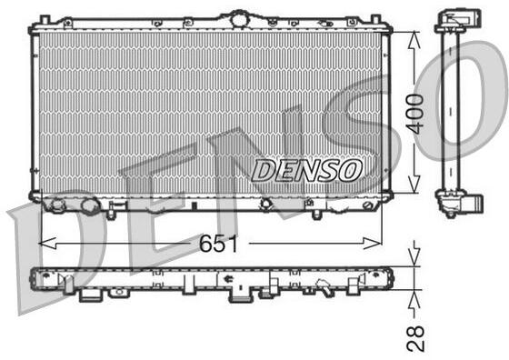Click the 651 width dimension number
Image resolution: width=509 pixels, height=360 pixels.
(x=218, y=244)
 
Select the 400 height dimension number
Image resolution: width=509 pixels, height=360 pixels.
(x=416, y=114)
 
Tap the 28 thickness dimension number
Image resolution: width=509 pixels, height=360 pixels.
(x=415, y=338)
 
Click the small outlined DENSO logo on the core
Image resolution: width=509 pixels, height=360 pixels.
(x=306, y=170)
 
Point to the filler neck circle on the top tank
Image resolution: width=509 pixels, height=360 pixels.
(x=238, y=18)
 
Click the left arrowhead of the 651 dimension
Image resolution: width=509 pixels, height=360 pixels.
(x=47, y=243)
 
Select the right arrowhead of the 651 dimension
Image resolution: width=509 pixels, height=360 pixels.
(x=372, y=243)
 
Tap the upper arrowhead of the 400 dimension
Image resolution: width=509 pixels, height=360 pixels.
(x=414, y=41)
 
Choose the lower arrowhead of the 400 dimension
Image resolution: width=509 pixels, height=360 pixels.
(x=414, y=184)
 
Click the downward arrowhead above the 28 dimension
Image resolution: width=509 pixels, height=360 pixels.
(x=414, y=257)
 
